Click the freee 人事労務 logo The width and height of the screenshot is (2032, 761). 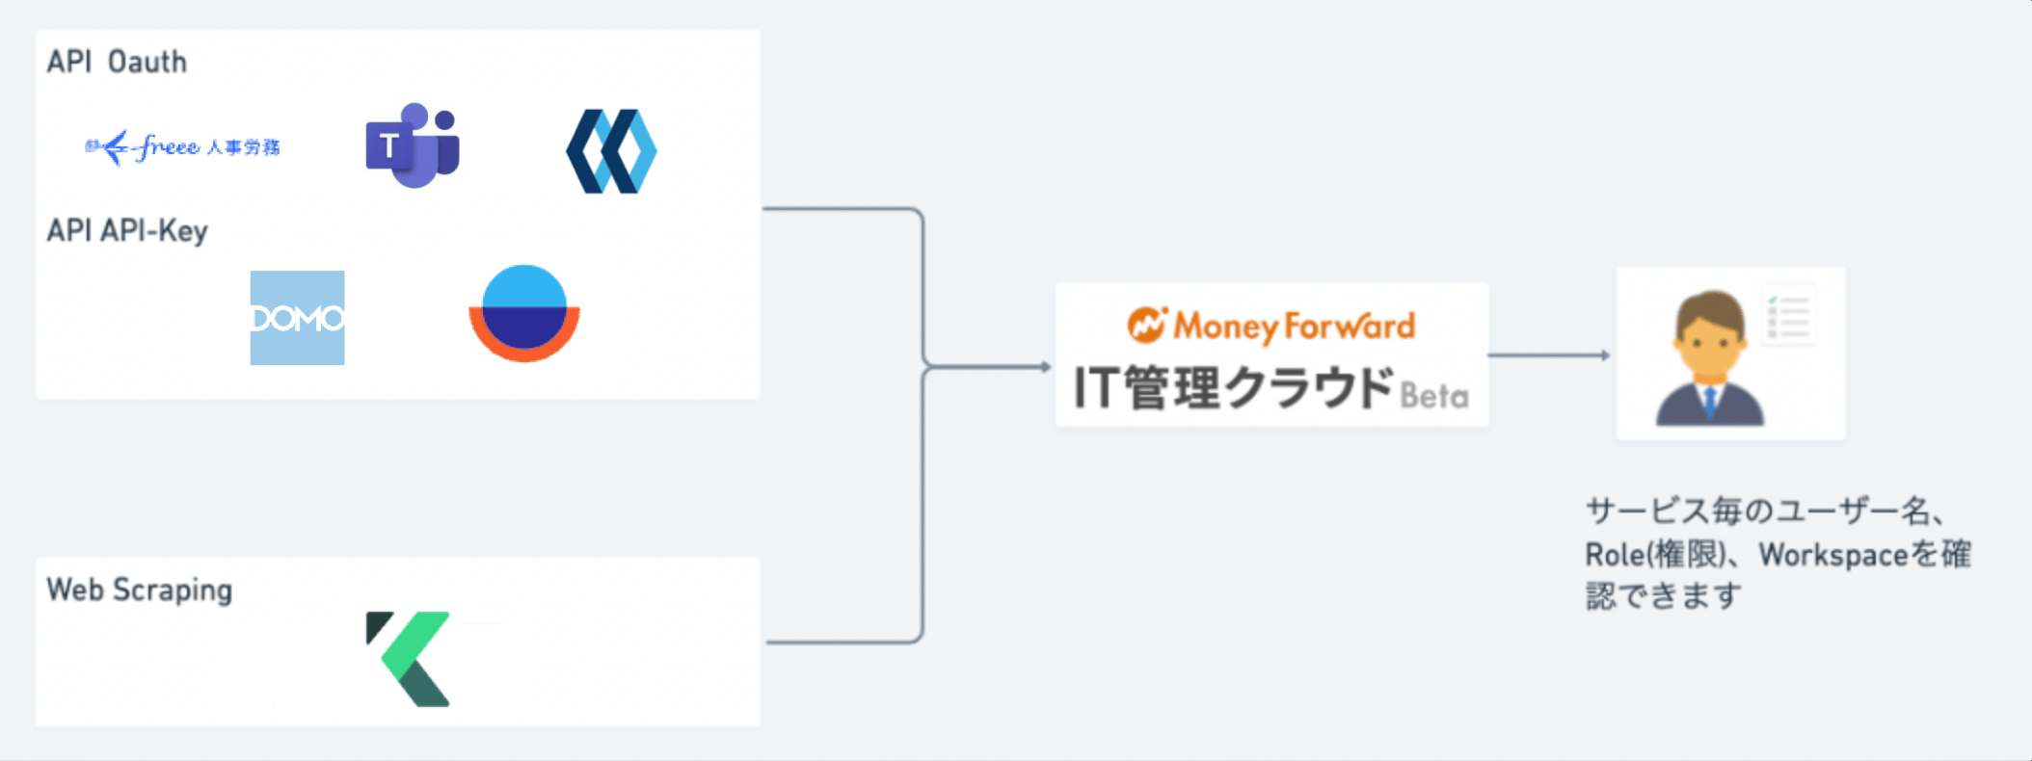183,147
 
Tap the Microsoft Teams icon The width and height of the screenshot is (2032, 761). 413,145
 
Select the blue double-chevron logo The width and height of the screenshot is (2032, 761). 611,151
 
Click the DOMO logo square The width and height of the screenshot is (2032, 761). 297,318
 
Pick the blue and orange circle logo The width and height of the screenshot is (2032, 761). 524,313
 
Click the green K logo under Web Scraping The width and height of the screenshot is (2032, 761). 409,659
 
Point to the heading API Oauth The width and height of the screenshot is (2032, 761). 117,62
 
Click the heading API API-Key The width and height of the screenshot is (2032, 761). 127,231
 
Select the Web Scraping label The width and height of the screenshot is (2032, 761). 140,590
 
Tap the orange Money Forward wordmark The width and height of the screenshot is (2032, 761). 1295,327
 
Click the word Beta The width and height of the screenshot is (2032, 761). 1434,396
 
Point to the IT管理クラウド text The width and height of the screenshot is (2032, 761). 1234,388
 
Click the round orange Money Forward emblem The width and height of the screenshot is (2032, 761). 1147,325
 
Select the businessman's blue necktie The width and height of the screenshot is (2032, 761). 1710,401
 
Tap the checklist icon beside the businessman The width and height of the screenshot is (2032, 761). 1788,315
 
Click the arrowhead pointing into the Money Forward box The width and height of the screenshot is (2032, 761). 1046,367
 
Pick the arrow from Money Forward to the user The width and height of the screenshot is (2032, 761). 1549,355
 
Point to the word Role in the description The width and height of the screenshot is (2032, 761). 1615,555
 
